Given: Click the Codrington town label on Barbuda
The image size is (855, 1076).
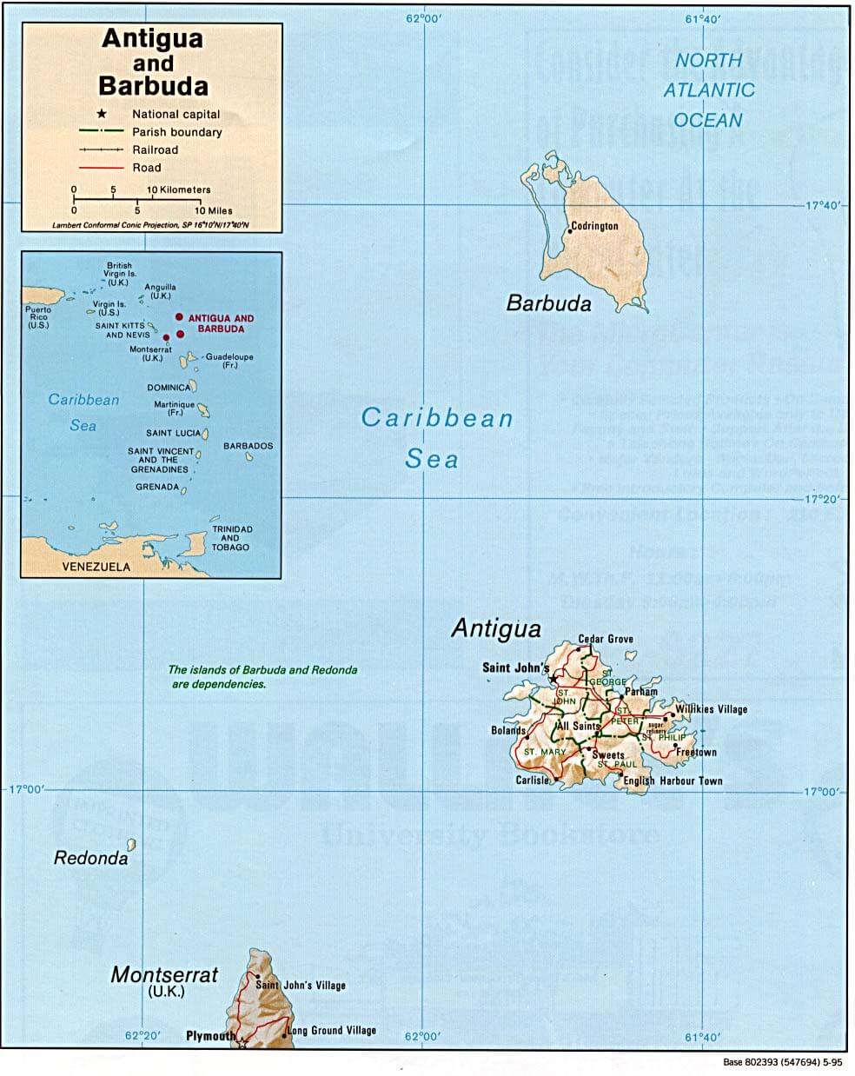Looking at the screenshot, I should point(595,226).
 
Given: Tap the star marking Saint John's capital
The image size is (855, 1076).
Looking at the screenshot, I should point(553,678).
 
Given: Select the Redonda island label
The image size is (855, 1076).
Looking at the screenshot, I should point(90,859).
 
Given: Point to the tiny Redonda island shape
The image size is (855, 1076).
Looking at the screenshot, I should point(131,844).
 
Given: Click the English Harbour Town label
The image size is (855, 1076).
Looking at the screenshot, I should point(673,780).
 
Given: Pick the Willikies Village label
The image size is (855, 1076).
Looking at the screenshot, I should point(712,709).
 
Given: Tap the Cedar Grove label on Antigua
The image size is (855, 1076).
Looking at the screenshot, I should point(606,639).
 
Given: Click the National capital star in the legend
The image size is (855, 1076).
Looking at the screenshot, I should point(102,114).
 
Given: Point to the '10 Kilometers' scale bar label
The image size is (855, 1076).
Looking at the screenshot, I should point(179,189).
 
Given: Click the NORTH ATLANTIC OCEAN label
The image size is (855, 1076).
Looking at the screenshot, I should point(709,90).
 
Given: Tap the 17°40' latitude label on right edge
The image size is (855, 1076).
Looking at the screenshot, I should point(824,206).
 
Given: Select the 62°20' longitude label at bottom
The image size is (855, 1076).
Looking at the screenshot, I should point(142,1035).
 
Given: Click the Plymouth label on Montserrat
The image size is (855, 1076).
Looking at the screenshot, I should point(210,1036).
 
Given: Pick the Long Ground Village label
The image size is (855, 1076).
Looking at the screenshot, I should point(332,1031).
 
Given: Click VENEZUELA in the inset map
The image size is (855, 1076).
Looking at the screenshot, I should point(96,567).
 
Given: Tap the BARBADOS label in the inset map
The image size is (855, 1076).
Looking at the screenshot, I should point(248,446).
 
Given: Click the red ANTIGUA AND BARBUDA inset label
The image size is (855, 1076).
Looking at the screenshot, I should point(221,323).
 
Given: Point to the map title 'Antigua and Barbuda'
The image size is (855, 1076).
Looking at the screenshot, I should point(153,63).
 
